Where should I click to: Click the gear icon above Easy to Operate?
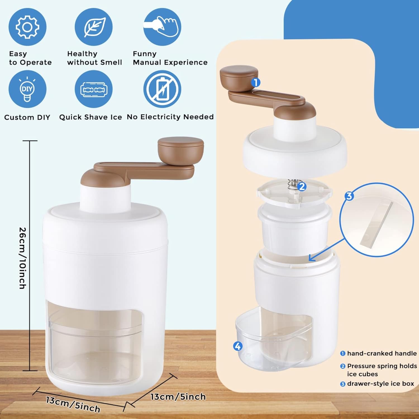tap(27, 27)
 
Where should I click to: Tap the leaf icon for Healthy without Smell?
tap(94, 27)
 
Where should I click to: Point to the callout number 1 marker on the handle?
tap(256, 82)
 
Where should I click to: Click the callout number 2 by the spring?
tap(302, 187)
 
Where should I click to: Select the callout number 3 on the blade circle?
tap(349, 196)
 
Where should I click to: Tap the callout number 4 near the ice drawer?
tap(237, 346)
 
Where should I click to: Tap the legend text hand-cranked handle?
tap(382, 353)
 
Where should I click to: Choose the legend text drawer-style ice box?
tap(380, 384)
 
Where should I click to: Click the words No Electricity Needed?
tap(170, 117)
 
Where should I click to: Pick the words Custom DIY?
tap(27, 117)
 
